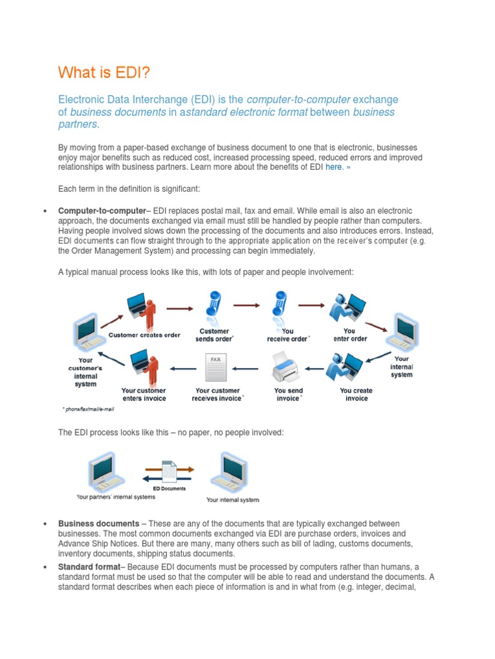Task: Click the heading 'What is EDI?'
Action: click(x=104, y=72)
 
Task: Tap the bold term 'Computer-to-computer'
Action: click(x=102, y=211)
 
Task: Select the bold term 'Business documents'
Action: click(x=98, y=524)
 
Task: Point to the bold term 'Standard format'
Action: click(x=89, y=566)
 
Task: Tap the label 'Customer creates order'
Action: click(x=144, y=335)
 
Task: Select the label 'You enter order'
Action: click(x=350, y=335)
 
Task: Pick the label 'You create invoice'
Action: click(x=356, y=394)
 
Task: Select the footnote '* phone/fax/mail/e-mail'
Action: click(x=90, y=409)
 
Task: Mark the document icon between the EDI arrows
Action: click(x=169, y=472)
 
